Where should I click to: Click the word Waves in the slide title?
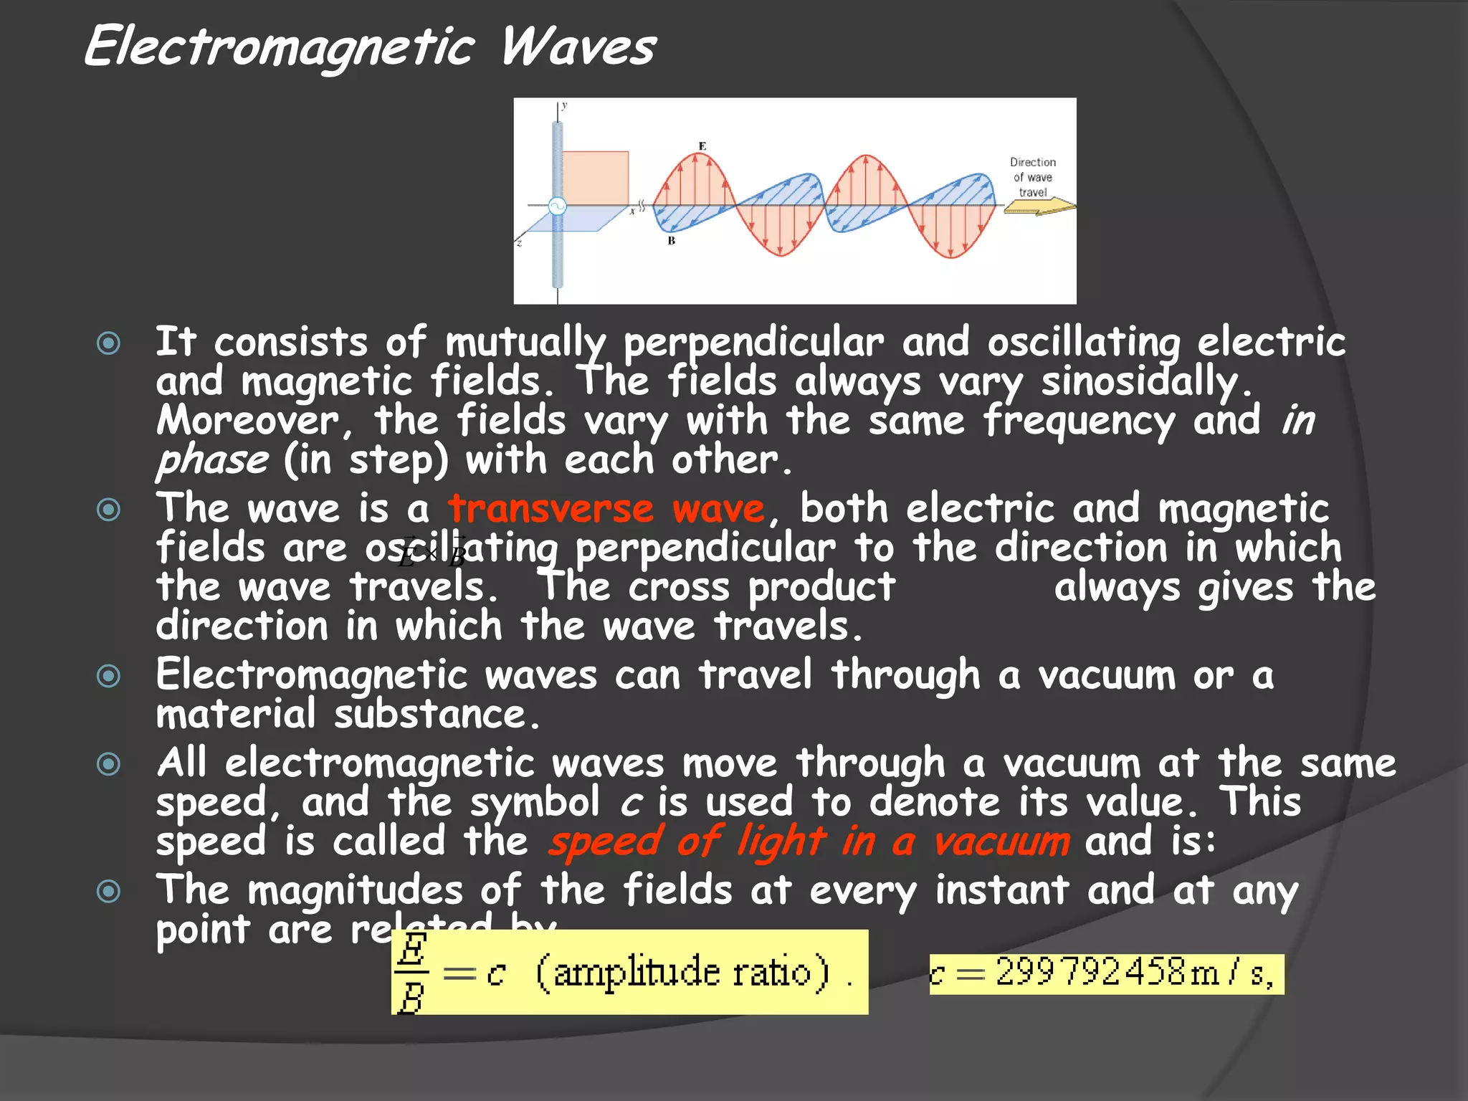(578, 47)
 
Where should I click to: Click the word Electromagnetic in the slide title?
(280, 47)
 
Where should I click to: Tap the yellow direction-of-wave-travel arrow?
(1039, 207)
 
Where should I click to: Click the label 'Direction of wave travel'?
(1033, 177)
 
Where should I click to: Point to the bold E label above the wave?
(702, 146)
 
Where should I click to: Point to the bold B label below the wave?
(672, 241)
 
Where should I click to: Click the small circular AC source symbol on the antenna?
(557, 206)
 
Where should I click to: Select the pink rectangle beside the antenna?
(595, 178)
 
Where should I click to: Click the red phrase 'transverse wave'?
(606, 509)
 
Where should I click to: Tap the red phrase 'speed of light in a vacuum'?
(809, 841)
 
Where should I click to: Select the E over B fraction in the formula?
(412, 973)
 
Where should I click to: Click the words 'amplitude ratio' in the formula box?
(681, 973)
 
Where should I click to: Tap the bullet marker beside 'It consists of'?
(108, 343)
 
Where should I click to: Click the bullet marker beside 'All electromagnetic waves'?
(108, 763)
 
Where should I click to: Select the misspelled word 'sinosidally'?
(1140, 382)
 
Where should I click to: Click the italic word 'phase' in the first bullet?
(212, 460)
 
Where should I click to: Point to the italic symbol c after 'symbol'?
(631, 803)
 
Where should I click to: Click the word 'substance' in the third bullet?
(430, 715)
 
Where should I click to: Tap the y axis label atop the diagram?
(565, 106)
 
